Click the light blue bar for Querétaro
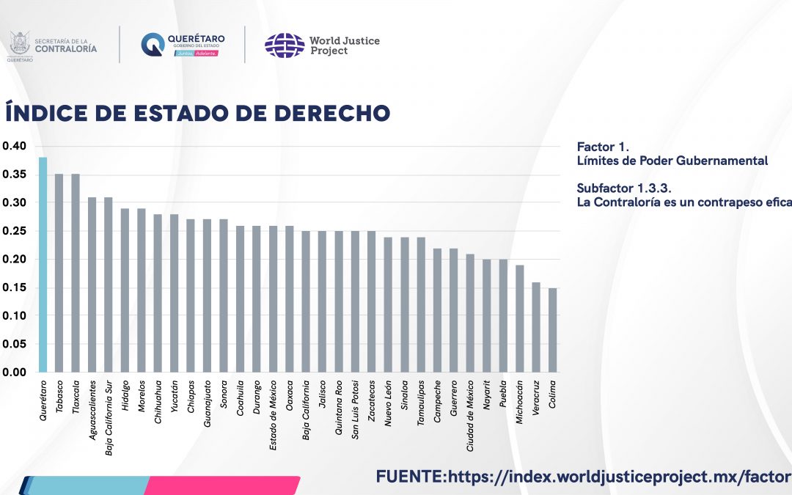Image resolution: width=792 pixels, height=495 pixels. pyautogui.click(x=43, y=265)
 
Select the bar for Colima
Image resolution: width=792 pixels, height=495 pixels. pyautogui.click(x=552, y=330)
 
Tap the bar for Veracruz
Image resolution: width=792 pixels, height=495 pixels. pyautogui.click(x=536, y=327)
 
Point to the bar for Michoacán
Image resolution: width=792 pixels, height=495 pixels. pyautogui.click(x=519, y=318)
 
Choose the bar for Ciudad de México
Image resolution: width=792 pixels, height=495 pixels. pyautogui.click(x=470, y=313)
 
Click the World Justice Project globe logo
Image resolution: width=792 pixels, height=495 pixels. pyautogui.click(x=285, y=45)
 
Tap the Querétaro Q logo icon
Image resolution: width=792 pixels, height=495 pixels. pyautogui.click(x=153, y=45)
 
